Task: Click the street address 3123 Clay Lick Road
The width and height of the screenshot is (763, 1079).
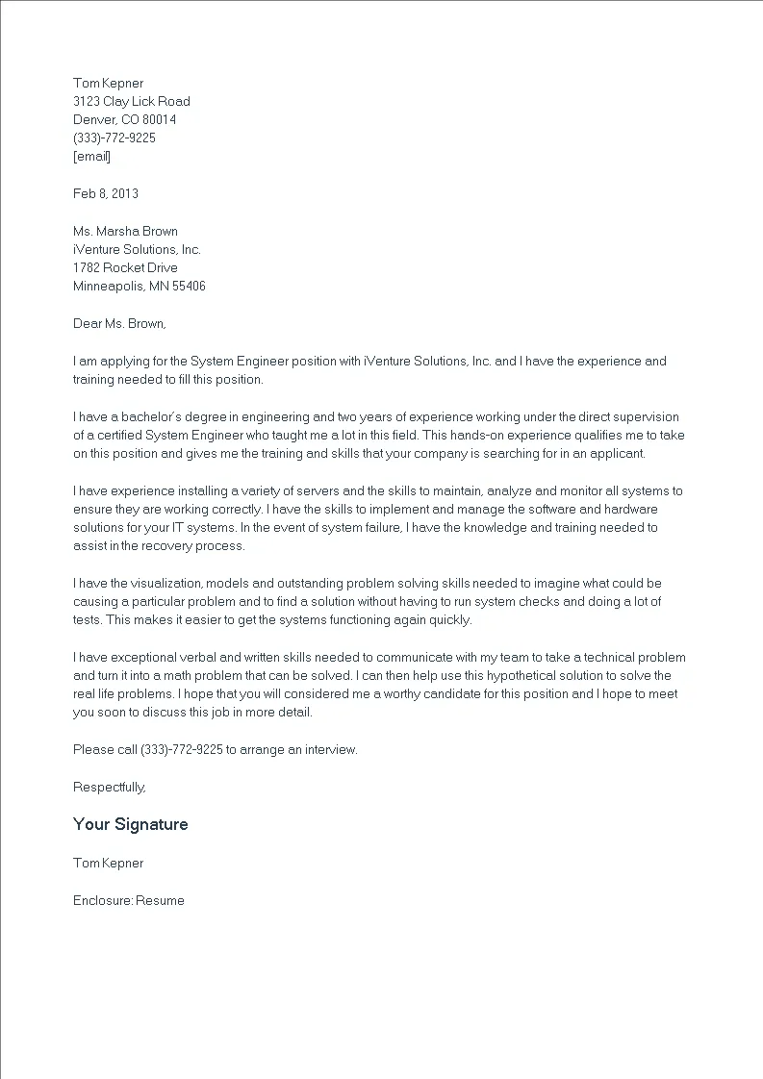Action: (x=132, y=101)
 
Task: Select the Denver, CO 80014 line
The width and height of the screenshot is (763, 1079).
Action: (x=124, y=119)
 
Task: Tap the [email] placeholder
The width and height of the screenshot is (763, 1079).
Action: (x=91, y=156)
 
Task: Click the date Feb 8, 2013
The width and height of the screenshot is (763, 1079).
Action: (x=106, y=193)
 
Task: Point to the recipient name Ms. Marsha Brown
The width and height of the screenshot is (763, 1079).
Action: (x=125, y=231)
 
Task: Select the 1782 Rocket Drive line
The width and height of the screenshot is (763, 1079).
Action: (x=125, y=267)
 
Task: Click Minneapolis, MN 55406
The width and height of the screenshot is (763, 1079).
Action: (x=139, y=286)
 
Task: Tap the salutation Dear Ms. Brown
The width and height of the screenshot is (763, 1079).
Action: (x=119, y=323)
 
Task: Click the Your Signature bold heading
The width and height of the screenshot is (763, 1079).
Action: (x=130, y=824)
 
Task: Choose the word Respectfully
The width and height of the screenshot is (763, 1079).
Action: (x=109, y=787)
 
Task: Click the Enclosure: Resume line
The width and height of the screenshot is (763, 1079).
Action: (x=128, y=900)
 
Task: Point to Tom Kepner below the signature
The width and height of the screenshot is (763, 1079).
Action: (x=108, y=863)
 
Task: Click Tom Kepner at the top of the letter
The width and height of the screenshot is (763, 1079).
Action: (x=108, y=83)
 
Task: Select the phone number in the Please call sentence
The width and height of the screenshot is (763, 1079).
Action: (x=181, y=749)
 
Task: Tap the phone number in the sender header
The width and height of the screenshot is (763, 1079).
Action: (x=114, y=138)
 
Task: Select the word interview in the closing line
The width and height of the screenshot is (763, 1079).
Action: (x=331, y=749)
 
